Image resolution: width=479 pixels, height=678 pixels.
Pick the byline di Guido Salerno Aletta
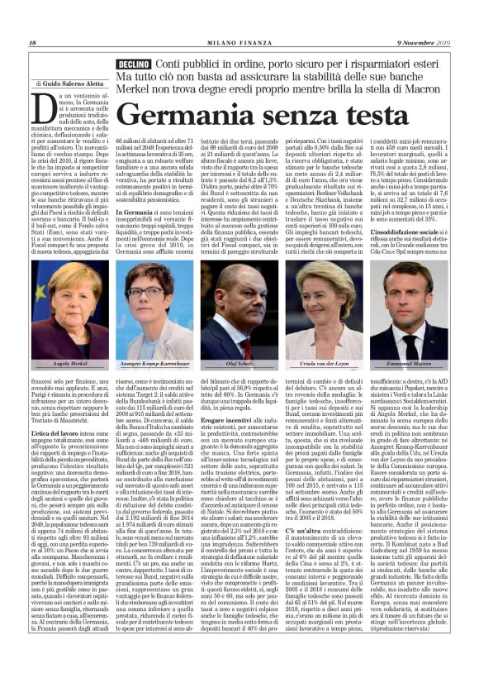69,84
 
